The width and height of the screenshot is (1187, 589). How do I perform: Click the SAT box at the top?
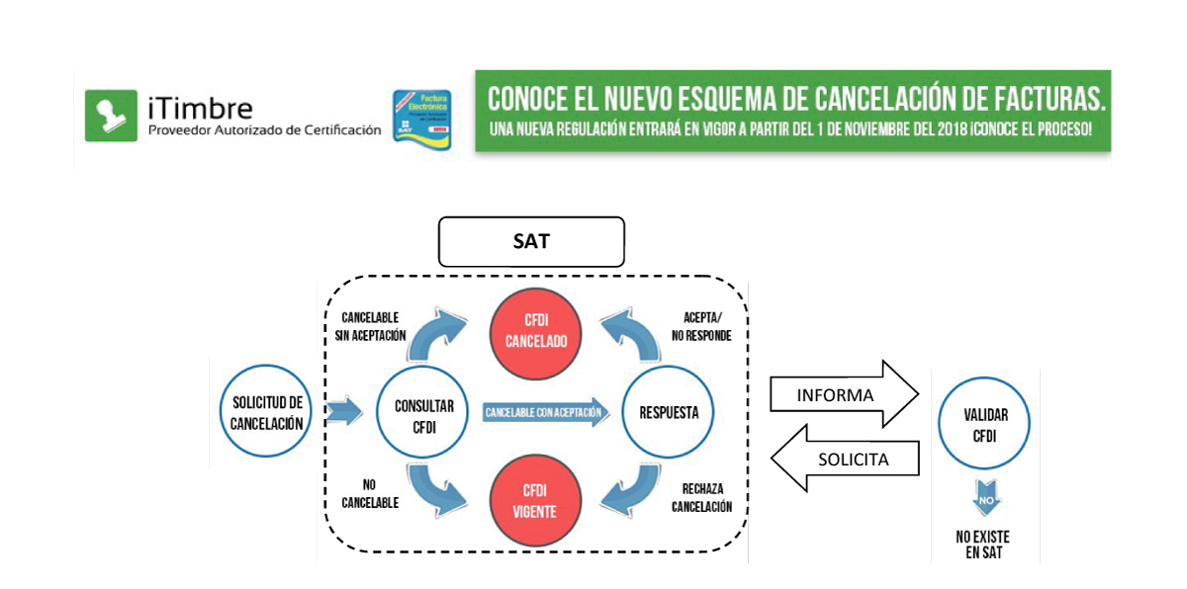531,242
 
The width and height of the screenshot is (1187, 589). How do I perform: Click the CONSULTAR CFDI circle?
424,412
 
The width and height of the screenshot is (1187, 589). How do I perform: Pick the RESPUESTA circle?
668,412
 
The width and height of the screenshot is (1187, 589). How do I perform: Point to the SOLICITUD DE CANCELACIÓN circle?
266,412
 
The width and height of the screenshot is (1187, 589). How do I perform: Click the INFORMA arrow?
845,395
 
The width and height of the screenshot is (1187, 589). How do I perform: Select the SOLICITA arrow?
845,459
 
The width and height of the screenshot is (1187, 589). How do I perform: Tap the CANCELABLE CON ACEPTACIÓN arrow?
545,412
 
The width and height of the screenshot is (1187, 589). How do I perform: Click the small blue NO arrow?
984,500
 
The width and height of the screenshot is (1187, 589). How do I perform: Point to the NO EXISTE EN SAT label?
983,545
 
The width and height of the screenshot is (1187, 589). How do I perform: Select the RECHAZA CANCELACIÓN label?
701,498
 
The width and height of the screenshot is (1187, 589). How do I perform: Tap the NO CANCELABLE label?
369,494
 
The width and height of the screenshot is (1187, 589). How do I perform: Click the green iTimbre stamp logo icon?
111,115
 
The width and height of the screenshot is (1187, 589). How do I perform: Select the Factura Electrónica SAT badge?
422,119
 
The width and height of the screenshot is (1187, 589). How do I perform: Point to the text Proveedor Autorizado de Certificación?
264,129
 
